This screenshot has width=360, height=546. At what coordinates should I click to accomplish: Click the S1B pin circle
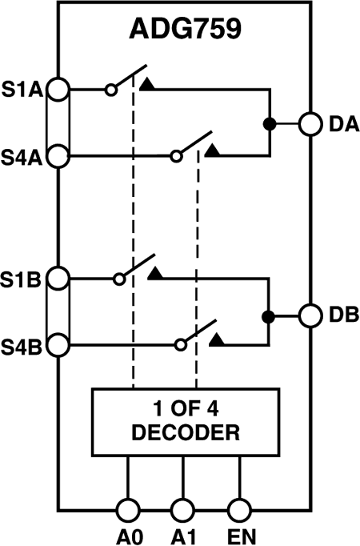tap(58, 278)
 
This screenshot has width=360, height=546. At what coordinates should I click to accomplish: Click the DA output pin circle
tap(310, 123)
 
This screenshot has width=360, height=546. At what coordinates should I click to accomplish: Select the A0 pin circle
tap(127, 510)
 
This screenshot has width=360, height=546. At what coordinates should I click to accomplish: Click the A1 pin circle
tap(183, 510)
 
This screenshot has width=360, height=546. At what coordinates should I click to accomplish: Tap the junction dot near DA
tap(270, 123)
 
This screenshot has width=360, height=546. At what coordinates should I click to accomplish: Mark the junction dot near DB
tap(270, 315)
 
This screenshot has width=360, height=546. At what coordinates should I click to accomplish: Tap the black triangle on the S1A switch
tap(148, 82)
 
